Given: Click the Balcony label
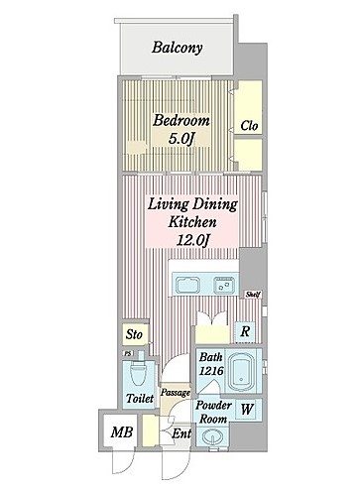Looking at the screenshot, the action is click(178, 48).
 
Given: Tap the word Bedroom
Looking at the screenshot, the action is click(181, 120).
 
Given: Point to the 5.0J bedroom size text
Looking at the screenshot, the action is click(180, 139).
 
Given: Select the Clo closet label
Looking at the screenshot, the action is click(249, 126).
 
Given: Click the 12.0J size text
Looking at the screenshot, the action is click(192, 240).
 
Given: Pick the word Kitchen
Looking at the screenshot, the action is click(192, 221).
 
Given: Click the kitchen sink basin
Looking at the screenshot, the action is click(187, 285).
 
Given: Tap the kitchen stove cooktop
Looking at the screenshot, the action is click(224, 285).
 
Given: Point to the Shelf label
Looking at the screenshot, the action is click(254, 294).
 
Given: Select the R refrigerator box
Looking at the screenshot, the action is click(245, 331).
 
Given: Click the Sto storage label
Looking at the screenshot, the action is click(134, 334).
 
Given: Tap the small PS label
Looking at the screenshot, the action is click(128, 353).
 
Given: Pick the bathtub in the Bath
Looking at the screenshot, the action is click(242, 372).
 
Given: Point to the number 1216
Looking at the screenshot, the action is click(211, 371).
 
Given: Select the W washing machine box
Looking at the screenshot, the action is click(247, 410).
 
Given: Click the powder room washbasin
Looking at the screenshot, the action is click(211, 435).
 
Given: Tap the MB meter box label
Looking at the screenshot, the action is click(122, 432).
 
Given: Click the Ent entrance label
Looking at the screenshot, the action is click(181, 433).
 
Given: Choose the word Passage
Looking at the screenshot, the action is click(176, 393).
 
